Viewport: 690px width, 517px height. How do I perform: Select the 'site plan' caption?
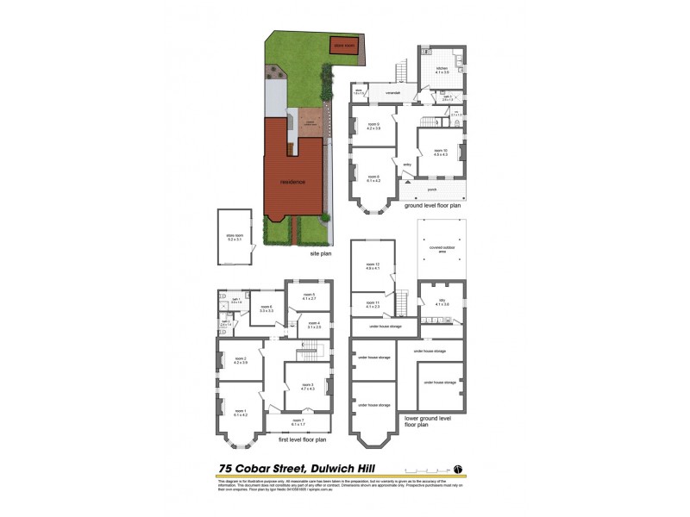tap(321, 255)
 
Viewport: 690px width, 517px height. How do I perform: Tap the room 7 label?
tap(297, 422)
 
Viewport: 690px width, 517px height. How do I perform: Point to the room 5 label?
tap(308, 297)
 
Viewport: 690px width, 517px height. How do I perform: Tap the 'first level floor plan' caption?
tap(302, 439)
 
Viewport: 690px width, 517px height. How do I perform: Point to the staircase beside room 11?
tap(400, 303)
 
